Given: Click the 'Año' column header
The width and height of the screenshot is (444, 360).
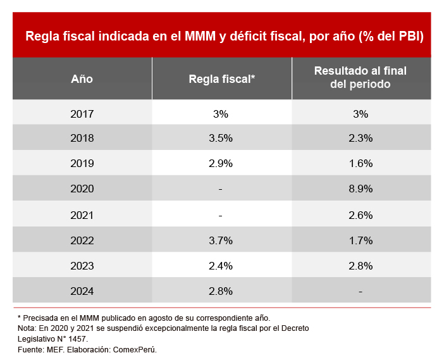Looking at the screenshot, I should click(82, 79).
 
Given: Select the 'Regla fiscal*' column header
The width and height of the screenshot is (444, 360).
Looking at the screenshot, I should click(221, 79).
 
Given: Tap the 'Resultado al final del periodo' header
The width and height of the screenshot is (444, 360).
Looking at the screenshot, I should click(361, 77).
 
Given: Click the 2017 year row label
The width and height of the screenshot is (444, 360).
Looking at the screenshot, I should click(82, 115).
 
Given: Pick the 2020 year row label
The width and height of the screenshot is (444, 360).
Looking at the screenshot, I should click(82, 189).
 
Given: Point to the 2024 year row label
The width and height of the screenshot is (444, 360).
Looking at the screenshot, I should click(82, 292).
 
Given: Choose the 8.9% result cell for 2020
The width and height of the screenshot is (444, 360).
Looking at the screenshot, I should click(361, 189).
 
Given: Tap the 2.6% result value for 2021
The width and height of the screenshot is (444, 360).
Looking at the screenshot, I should click(361, 215).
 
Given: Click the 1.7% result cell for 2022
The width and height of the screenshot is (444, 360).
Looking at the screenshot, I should click(361, 240).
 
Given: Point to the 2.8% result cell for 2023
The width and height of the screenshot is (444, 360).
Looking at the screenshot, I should click(361, 266).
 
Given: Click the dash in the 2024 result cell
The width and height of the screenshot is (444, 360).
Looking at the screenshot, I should click(361, 292).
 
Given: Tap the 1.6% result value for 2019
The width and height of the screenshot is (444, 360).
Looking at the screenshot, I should click(361, 163).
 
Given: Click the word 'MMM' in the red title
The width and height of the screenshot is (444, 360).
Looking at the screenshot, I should click(200, 36).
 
